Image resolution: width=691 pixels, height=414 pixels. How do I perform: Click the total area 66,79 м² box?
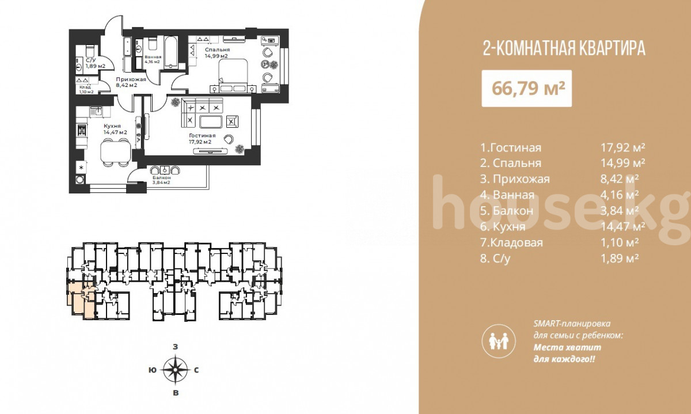[x=526, y=89]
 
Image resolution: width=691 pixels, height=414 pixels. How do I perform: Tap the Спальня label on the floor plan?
[x=217, y=50]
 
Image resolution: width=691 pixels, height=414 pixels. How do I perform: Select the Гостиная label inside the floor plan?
[x=202, y=135]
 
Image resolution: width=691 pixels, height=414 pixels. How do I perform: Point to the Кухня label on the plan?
[x=112, y=126]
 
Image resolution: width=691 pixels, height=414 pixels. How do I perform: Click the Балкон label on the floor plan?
[x=162, y=178]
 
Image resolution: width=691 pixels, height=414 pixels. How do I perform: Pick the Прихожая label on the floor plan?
[x=131, y=79]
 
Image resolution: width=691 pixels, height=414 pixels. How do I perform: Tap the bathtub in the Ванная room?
[x=170, y=52]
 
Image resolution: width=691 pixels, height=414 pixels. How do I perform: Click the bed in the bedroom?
[x=233, y=73]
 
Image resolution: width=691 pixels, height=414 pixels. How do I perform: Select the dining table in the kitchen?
[x=116, y=152]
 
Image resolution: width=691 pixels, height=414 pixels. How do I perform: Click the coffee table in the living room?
[x=211, y=121]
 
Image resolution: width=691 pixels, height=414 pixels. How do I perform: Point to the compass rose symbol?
[x=175, y=369]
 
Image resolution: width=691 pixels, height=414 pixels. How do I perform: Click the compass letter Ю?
[x=152, y=370]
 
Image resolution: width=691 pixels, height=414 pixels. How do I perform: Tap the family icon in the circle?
[x=499, y=341]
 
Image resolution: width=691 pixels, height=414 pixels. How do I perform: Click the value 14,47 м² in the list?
[x=622, y=226]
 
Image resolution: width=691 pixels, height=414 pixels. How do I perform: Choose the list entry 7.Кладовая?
[x=511, y=242]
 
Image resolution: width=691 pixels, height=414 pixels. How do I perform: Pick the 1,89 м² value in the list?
[x=620, y=259]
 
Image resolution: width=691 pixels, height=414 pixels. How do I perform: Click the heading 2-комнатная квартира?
[x=564, y=49]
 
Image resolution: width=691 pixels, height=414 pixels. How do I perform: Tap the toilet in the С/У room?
[x=90, y=51]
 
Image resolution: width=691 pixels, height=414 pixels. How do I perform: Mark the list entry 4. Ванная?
[x=507, y=195]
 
